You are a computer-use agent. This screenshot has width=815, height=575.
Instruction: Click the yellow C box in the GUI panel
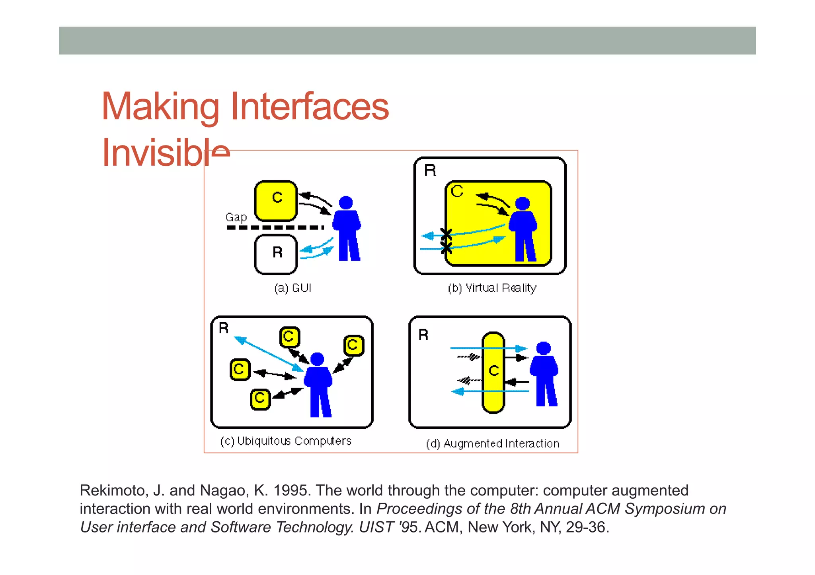tap(276, 201)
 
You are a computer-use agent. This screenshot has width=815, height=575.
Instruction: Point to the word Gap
tap(236, 217)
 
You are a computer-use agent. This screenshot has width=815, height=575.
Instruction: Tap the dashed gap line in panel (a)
tap(275, 228)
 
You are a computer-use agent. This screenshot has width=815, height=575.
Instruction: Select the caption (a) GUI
tap(292, 288)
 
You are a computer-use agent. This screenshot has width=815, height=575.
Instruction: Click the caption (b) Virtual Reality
tap(492, 288)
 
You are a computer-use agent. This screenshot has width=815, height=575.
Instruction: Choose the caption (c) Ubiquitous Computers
tap(286, 441)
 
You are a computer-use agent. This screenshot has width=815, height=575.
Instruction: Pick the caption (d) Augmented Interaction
tap(493, 443)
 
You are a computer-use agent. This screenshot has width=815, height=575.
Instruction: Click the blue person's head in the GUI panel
tap(346, 203)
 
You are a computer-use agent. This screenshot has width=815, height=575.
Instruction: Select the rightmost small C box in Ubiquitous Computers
tap(353, 345)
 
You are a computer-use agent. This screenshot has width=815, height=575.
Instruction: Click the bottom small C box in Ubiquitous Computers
tap(260, 399)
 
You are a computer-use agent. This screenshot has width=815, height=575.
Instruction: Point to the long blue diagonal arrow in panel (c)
tap(268, 354)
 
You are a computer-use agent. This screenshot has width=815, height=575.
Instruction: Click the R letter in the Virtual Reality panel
tap(430, 170)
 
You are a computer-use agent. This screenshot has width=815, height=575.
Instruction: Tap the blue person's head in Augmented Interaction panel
tap(543, 348)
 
